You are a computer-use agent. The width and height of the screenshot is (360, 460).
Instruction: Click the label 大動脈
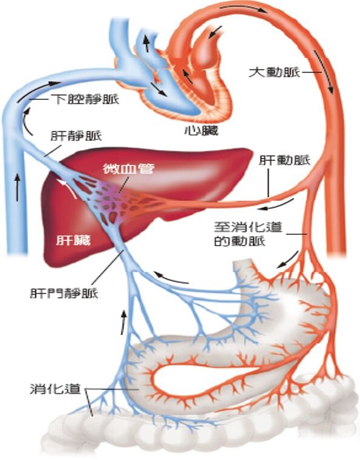[x=274, y=72]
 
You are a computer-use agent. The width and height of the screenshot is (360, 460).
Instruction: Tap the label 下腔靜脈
[x=87, y=99]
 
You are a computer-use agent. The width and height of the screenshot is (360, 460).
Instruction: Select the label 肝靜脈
[x=76, y=136]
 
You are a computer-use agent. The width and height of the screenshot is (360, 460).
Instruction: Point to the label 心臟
[x=201, y=131]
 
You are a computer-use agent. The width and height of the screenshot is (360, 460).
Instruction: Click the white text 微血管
[x=128, y=169]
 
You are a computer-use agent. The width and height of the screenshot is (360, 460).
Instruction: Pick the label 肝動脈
[x=284, y=160]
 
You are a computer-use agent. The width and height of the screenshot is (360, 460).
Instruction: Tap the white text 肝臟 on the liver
[x=74, y=240]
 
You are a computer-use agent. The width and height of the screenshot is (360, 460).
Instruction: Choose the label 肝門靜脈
[x=64, y=293]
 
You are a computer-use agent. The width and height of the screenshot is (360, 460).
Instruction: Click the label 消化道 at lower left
[x=55, y=389]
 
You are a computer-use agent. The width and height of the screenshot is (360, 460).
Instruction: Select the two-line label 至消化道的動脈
[x=247, y=234]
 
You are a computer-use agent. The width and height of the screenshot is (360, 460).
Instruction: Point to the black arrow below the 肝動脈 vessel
[x=276, y=205]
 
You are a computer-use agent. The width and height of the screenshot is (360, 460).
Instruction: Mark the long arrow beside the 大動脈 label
[x=324, y=71]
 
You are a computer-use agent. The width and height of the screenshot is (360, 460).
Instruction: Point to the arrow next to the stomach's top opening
[x=288, y=259]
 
